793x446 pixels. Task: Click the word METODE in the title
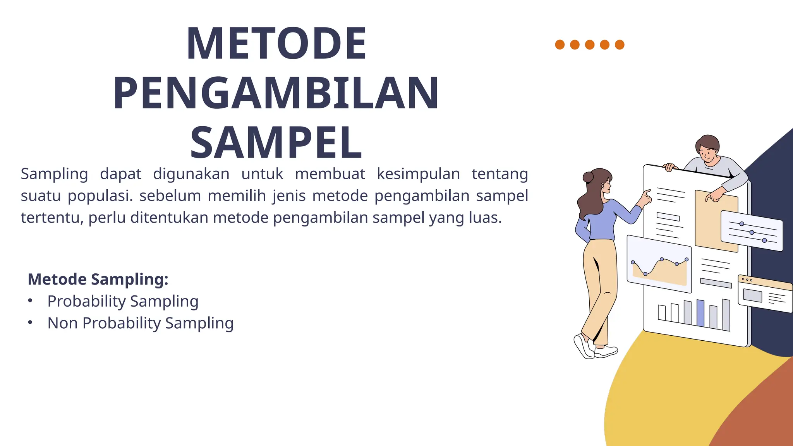pyautogui.click(x=276, y=43)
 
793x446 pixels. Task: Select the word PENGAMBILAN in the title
pyautogui.click(x=276, y=93)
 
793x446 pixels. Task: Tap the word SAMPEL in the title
pyautogui.click(x=276, y=143)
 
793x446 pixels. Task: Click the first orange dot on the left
pyautogui.click(x=560, y=45)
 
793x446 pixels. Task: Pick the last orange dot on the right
pyautogui.click(x=620, y=45)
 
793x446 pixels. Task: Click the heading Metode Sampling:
pyautogui.click(x=98, y=279)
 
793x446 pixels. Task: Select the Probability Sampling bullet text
pyautogui.click(x=123, y=301)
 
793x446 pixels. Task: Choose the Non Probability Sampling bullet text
pyautogui.click(x=140, y=323)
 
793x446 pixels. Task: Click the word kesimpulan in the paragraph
pyautogui.click(x=418, y=174)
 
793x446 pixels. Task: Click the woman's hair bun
pyautogui.click(x=588, y=177)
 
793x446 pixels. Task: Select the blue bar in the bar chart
pyautogui.click(x=700, y=313)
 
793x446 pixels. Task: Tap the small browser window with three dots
pyautogui.click(x=765, y=293)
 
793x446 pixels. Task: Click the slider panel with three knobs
pyautogui.click(x=752, y=231)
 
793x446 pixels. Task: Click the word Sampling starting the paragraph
pyautogui.click(x=54, y=174)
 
